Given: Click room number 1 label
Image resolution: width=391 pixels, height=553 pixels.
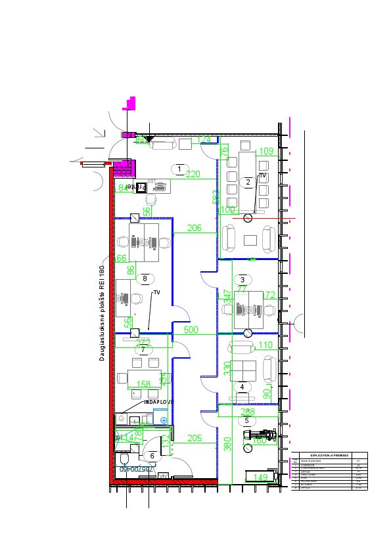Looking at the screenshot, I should (179, 169).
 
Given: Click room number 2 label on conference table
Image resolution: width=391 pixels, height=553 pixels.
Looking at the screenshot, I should (248, 181).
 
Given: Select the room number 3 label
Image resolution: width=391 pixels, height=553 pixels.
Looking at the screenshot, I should (242, 280).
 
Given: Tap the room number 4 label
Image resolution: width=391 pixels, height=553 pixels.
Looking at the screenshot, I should (242, 387).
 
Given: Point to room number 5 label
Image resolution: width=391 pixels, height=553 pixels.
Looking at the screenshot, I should (246, 420).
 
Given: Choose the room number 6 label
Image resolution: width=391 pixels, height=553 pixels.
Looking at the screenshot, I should (152, 455).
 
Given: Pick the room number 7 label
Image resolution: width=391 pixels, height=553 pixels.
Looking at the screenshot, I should (143, 350).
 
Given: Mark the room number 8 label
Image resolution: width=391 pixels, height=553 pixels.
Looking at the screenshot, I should (145, 278).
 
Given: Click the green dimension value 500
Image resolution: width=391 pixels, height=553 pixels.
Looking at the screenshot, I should (191, 330).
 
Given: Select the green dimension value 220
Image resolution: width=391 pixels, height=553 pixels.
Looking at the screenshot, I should (193, 175).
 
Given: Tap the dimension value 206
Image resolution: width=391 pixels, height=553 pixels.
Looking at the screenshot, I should (194, 229).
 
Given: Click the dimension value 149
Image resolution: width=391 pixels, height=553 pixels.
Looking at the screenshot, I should (261, 477).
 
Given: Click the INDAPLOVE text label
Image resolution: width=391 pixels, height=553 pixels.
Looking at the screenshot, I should (159, 402).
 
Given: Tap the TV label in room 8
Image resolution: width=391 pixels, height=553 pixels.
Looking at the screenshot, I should (157, 292).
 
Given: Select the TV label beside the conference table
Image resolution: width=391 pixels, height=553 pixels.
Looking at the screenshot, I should (262, 176).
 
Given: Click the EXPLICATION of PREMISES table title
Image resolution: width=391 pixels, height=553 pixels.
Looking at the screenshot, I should (326, 454).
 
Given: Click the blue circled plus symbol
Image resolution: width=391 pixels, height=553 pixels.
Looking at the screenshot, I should (164, 419).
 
